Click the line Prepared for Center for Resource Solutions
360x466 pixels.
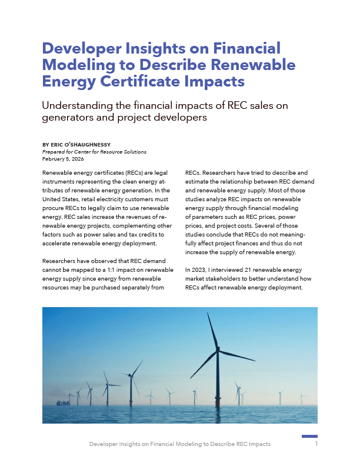point(94,152)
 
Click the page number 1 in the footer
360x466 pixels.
point(316,444)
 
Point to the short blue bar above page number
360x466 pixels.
point(309,436)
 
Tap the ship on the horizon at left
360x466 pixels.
point(61,403)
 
